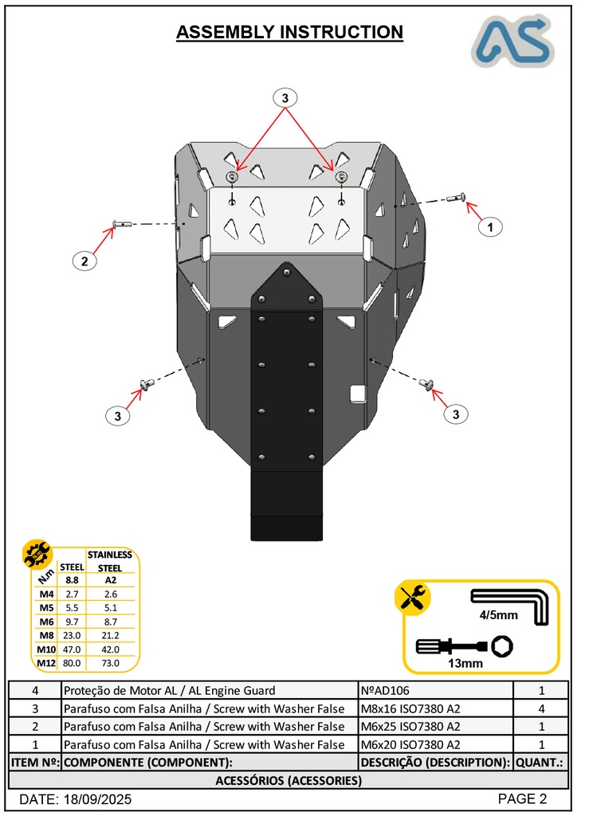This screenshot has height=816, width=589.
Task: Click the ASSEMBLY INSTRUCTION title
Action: [x=289, y=32]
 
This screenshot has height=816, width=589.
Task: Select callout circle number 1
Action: [x=490, y=227]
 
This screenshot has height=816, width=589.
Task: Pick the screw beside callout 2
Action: [x=120, y=224]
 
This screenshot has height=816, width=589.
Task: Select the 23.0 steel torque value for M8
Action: [x=72, y=635]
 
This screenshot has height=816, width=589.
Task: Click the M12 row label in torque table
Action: [x=46, y=662]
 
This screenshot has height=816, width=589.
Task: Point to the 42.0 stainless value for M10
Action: [x=109, y=649]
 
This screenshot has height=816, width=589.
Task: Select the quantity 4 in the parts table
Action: [x=541, y=708]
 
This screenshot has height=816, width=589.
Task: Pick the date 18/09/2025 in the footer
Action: [x=76, y=799]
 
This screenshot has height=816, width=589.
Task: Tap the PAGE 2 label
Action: [x=522, y=799]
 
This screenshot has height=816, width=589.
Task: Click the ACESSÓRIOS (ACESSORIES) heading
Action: [x=289, y=780]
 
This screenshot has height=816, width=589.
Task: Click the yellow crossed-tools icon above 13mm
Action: [x=413, y=597]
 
